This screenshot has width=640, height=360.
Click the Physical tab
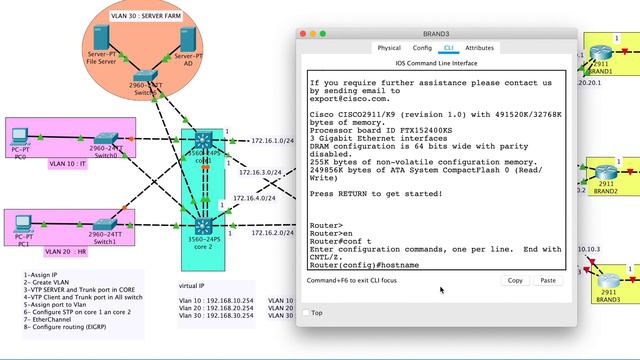pos(389,47)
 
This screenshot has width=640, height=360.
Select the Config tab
pos(422,47)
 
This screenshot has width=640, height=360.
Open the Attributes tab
pos(479,47)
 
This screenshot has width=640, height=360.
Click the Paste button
pos(548,281)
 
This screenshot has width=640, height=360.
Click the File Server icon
pos(100,39)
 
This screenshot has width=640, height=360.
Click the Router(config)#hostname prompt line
pos(364,265)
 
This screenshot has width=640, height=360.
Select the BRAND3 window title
pos(435,34)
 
